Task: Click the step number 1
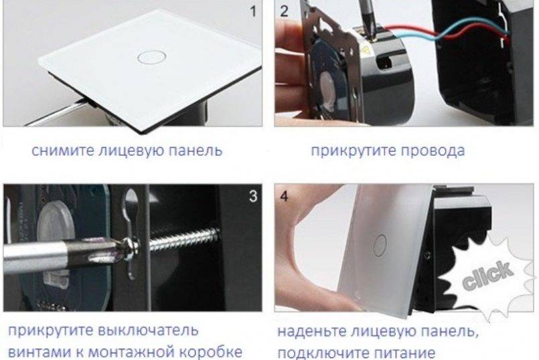tap(253, 11)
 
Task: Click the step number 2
tap(284, 11)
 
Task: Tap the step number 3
tap(253, 196)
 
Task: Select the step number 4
tap(285, 197)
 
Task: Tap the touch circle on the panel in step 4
tap(380, 246)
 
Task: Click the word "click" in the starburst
tap(488, 274)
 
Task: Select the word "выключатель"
tap(148, 331)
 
